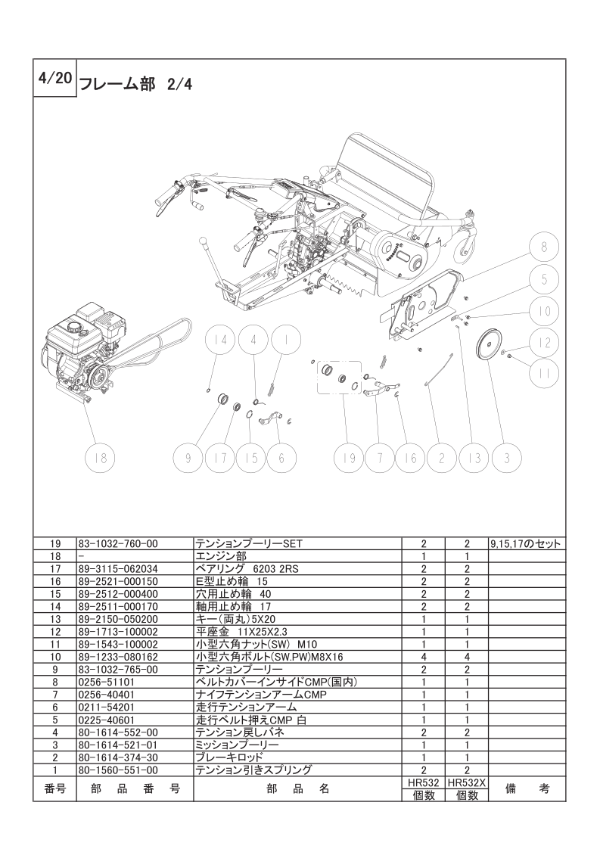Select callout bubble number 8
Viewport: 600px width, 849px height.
point(543,247)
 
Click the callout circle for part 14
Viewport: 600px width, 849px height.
point(219,340)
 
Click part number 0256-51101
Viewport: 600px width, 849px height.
point(105,681)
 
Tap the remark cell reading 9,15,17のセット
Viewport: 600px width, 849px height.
point(524,543)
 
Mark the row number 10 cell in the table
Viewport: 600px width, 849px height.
point(54,657)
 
